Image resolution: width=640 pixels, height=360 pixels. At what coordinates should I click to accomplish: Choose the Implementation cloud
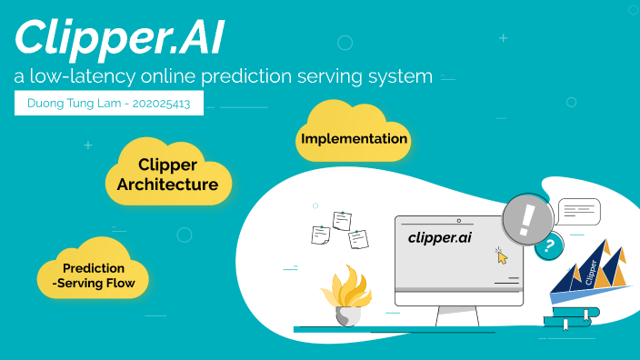[x=354, y=139]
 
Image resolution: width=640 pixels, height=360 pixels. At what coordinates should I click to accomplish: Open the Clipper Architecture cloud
[x=167, y=175]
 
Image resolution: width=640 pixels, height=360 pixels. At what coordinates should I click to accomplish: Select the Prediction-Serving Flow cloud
[x=93, y=275]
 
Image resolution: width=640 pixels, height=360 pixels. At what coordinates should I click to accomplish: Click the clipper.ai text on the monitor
[x=439, y=238]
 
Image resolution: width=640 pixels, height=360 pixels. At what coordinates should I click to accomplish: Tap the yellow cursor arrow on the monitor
[x=502, y=256]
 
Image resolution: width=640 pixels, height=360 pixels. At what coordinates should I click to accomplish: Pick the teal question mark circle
[x=547, y=246]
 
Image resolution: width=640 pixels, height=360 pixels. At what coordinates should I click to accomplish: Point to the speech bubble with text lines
[x=578, y=212]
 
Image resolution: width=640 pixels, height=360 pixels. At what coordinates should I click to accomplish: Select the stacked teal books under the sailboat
[x=570, y=317]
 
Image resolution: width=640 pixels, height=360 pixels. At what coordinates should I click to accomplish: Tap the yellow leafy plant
[x=345, y=286]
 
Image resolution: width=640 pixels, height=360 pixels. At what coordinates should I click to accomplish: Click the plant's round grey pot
[x=347, y=315]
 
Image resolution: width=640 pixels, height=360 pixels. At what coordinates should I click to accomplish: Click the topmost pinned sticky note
[x=342, y=220]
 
